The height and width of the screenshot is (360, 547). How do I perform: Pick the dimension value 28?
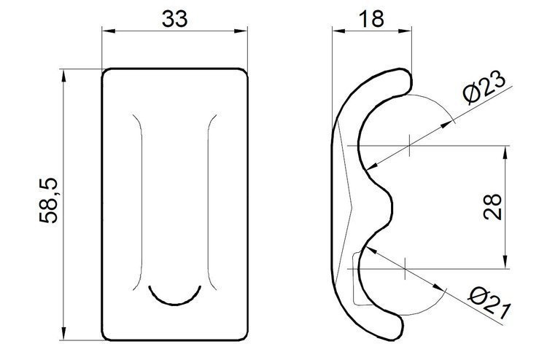[x=492, y=206]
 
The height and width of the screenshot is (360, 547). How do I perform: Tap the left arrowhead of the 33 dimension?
[x=106, y=31]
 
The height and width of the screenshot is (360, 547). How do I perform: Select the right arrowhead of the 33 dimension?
[x=243, y=31]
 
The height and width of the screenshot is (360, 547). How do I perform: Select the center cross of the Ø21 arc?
[x=403, y=267]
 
